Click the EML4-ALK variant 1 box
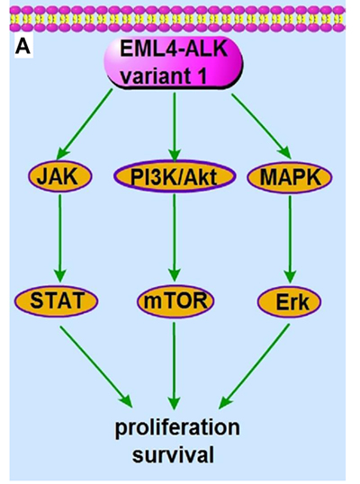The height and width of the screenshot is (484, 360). pos(174,63)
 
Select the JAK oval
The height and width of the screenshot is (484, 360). pos(60,176)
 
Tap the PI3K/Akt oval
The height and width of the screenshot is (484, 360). pos(175,176)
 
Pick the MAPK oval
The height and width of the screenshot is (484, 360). pos(290,177)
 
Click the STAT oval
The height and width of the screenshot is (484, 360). pos(56,300)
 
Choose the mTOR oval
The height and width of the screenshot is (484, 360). pos(175,301)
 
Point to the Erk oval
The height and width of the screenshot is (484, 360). pos(289,301)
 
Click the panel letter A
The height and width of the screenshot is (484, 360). pos(23,48)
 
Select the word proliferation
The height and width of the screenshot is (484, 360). pos(177,428)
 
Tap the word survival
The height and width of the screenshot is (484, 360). pos(173,454)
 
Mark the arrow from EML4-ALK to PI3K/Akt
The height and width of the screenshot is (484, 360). pos(175,126)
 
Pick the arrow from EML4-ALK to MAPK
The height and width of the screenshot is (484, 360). pos(261,126)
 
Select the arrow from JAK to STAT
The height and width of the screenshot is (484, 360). pos(60,238)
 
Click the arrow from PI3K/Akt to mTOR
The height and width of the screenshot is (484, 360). pos(175,238)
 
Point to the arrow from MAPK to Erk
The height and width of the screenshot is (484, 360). pos(290,238)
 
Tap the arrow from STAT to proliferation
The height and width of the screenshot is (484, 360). pos(95,367)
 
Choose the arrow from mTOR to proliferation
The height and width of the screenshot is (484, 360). pos(174,365)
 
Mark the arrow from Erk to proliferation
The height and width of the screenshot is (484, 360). pos(255,366)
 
